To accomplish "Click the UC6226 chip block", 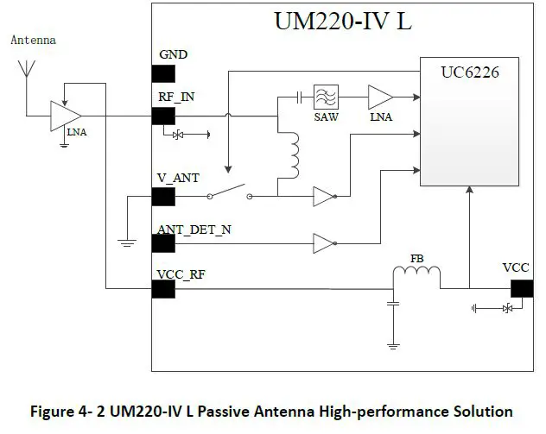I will tap(470, 121).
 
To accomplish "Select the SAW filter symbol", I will tap(326, 95).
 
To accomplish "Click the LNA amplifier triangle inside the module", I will tap(379, 96).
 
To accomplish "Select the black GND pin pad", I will tap(163, 72).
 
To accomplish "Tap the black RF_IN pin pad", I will tap(163, 115).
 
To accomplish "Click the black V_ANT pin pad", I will tap(163, 197).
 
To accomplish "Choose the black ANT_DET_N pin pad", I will tap(163, 242).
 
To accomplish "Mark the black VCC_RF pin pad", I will tap(163, 288).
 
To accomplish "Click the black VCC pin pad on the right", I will tap(521, 287).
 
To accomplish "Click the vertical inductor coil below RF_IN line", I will tap(294, 154).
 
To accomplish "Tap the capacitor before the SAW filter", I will tap(298, 96).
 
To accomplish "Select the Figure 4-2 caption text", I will tap(273, 411).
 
